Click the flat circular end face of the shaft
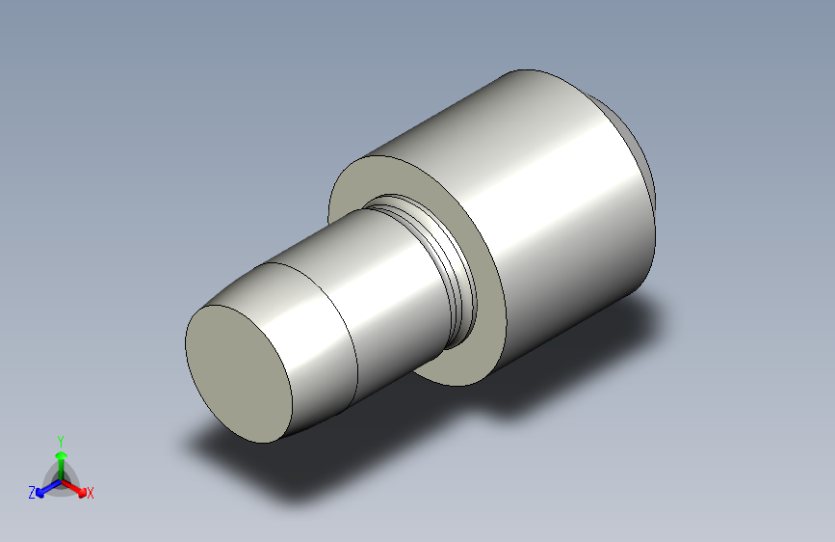click(x=239, y=374)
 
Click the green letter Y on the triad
click(x=61, y=438)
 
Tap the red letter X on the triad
click(x=91, y=494)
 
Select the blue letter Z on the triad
click(x=32, y=493)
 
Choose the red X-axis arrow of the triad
click(x=77, y=487)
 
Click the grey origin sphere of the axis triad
click(x=61, y=477)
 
